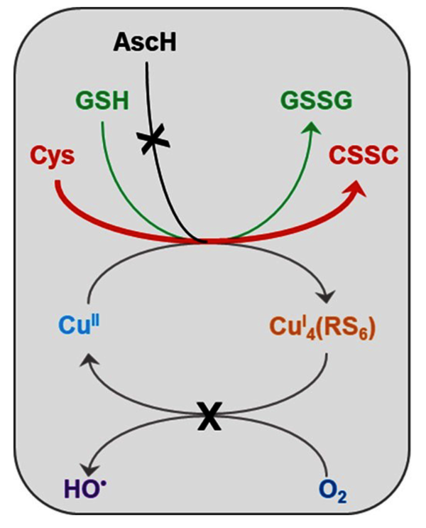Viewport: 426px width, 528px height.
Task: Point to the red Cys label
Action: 52,154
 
